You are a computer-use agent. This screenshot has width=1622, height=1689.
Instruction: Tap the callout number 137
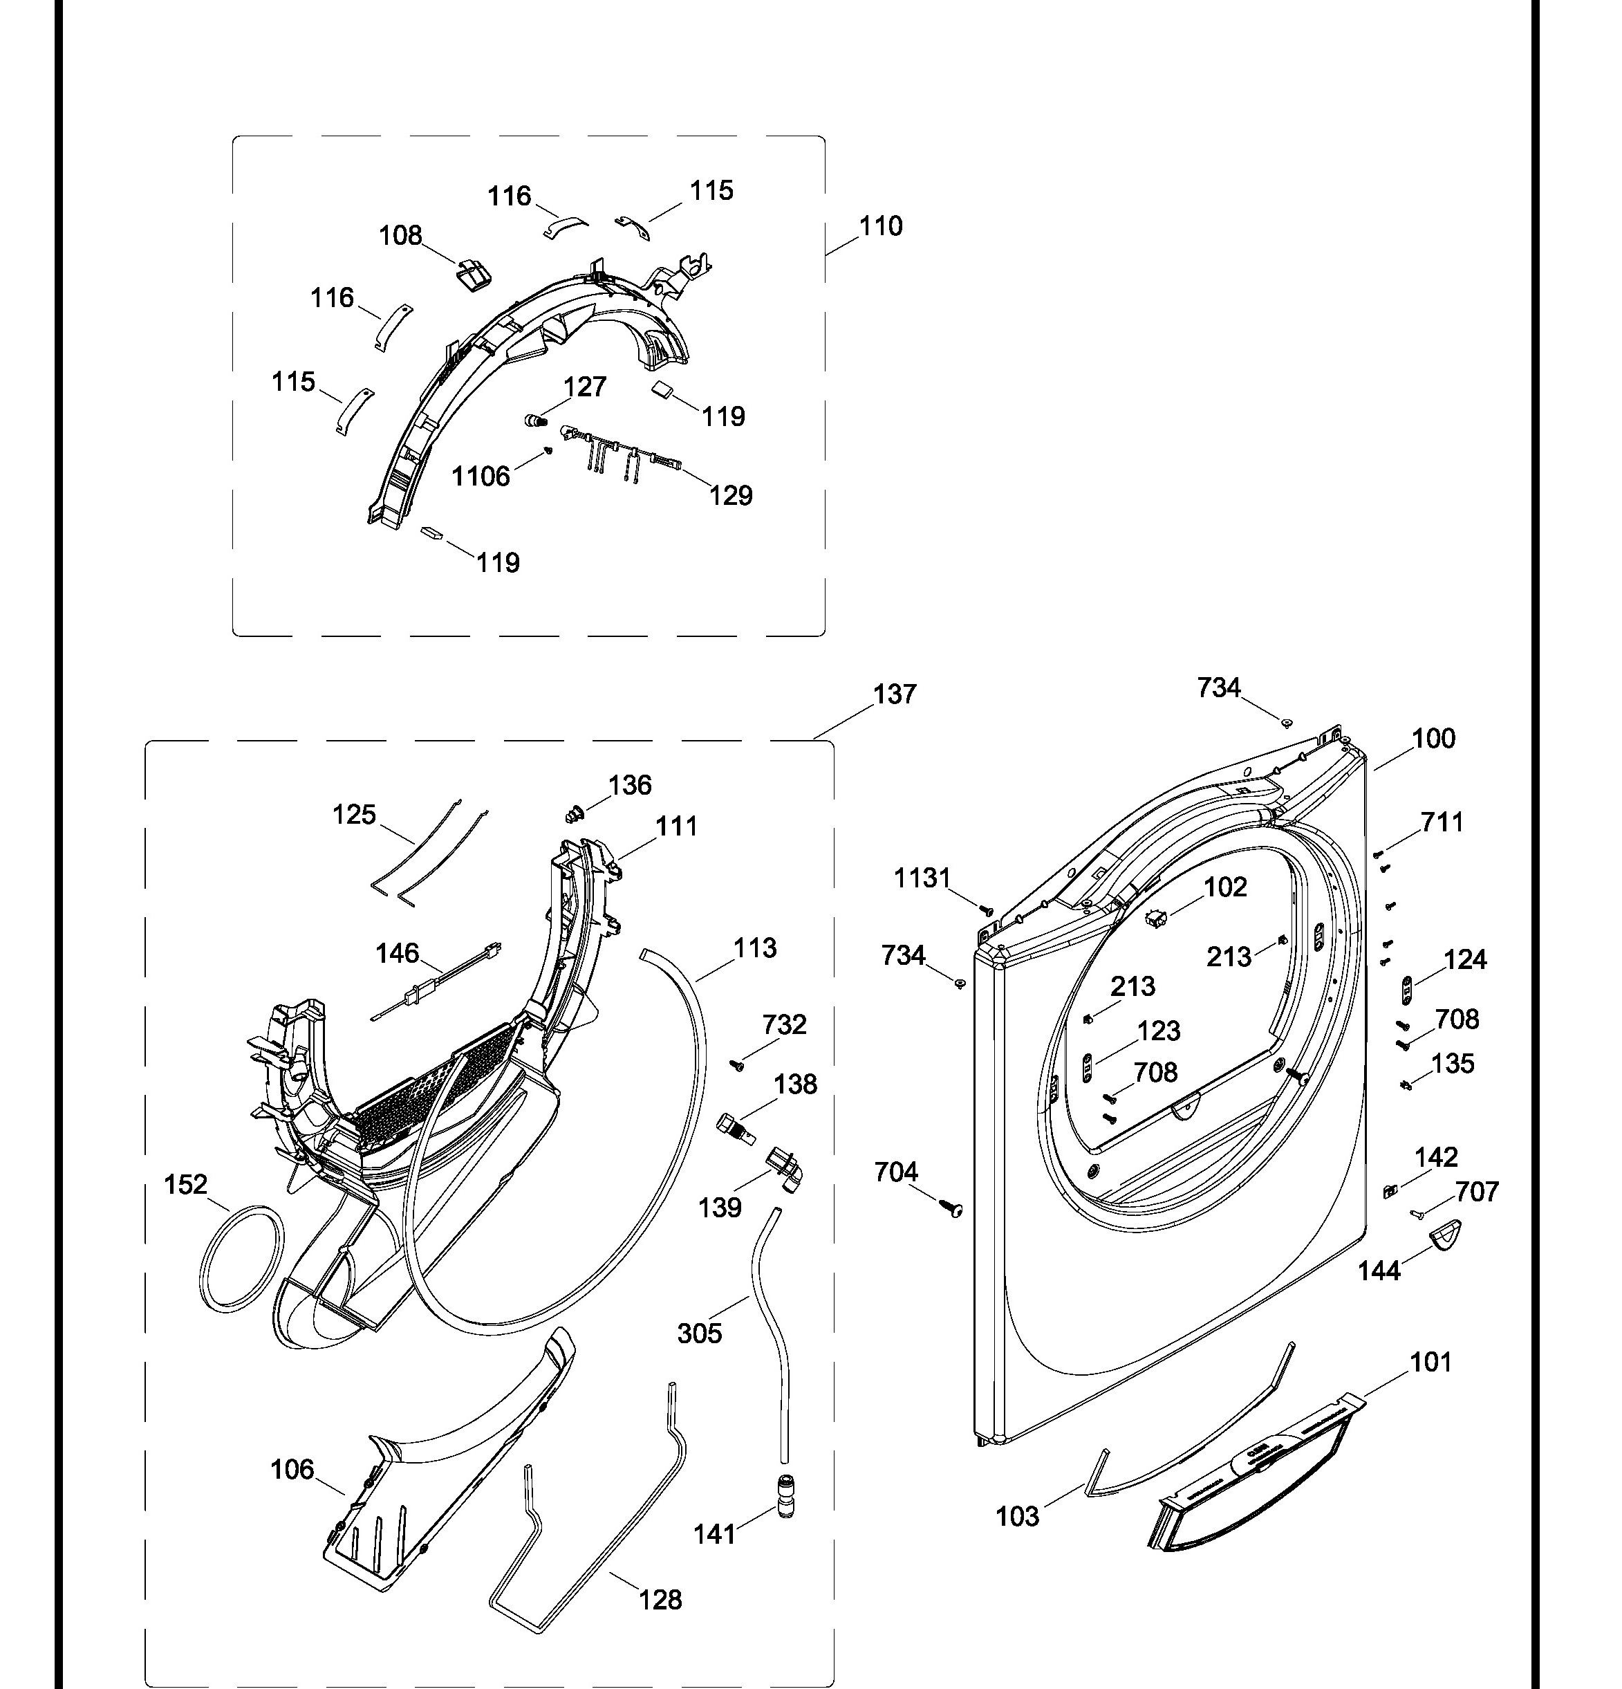[894, 694]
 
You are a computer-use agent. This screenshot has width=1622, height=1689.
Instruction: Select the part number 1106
[481, 476]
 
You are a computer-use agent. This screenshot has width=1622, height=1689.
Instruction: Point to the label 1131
[922, 878]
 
